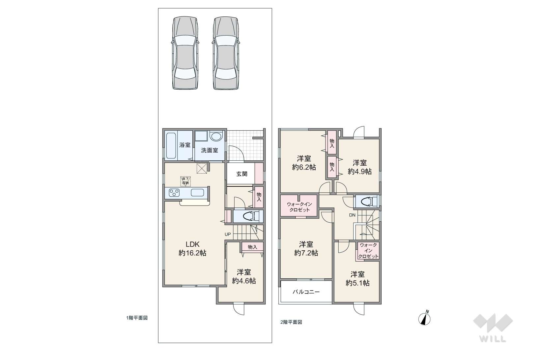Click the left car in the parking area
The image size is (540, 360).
coord(185,53)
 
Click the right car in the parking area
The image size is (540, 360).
coord(226,53)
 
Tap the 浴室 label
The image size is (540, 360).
coord(185,145)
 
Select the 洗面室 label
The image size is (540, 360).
coord(210,151)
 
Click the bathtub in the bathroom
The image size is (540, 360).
coord(171,146)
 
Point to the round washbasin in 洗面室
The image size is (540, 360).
coord(216,136)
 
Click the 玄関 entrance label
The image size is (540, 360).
coord(242,174)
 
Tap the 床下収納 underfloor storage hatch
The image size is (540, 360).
coord(185,181)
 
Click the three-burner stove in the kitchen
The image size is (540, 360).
coord(174,193)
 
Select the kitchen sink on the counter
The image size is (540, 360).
coord(197,193)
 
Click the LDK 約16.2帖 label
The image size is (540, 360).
coord(192,249)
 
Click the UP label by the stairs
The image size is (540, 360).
coord(228,234)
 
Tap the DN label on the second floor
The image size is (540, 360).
coord(352,215)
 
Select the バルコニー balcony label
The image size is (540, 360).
coord(306,292)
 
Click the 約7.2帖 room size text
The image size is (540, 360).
coord(306,253)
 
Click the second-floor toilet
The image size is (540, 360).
coord(367,201)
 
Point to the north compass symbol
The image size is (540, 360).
coord(425,318)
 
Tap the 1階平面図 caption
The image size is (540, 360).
coord(137,318)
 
